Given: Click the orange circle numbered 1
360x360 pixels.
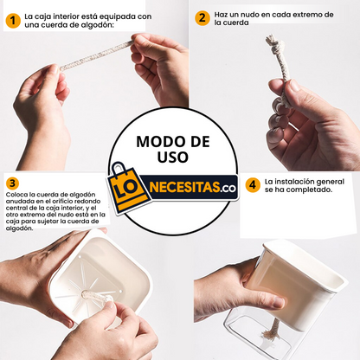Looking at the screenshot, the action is click(13, 21).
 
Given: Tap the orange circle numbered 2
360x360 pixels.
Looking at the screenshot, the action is click(202, 18).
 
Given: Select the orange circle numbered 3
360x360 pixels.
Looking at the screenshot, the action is click(12, 183).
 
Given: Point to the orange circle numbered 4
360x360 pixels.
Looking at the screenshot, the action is click(253, 185).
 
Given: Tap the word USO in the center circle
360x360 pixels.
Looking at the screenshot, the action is click(173, 157).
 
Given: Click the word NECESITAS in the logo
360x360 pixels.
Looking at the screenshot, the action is click(185, 188).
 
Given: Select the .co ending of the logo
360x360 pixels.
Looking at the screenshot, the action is click(228, 189).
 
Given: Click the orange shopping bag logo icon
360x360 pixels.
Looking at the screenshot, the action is click(128, 188).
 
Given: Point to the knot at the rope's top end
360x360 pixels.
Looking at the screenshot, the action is click(273, 43).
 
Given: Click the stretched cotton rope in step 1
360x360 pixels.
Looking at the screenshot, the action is click(96, 56).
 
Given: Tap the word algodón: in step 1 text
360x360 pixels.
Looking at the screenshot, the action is click(98, 25).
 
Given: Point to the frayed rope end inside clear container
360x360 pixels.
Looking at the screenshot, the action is click(269, 336).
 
